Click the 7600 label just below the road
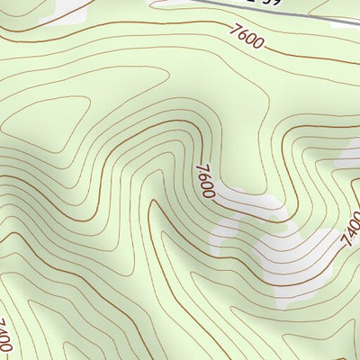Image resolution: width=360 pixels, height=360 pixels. tap(247, 39)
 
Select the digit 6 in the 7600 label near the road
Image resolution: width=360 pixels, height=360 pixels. tap(243, 37)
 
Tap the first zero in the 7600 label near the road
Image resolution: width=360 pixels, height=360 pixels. tap(251, 40)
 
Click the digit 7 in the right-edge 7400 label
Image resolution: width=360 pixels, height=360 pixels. tap(345, 244)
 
